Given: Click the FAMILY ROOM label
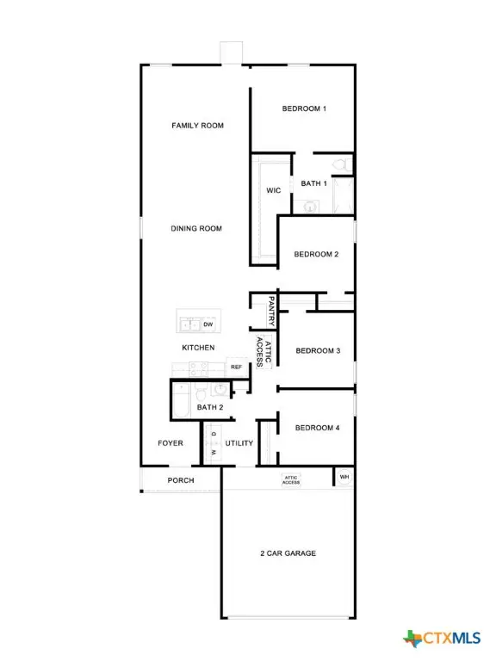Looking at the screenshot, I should pyautogui.click(x=197, y=126).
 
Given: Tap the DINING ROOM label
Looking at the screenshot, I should pyautogui.click(x=196, y=229).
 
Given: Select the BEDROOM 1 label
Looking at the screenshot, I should pyautogui.click(x=304, y=109).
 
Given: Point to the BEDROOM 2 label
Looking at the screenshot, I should pyautogui.click(x=316, y=255).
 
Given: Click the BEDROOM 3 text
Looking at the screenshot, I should pyautogui.click(x=318, y=351).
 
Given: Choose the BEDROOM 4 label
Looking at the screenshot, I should pyautogui.click(x=318, y=429).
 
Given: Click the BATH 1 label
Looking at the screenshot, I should pyautogui.click(x=313, y=184).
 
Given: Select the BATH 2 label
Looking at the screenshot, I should pyautogui.click(x=210, y=407).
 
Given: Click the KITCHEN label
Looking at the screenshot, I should pyautogui.click(x=198, y=348).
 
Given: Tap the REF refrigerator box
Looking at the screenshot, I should pyautogui.click(x=236, y=368).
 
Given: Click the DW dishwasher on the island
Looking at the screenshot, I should pyautogui.click(x=208, y=324).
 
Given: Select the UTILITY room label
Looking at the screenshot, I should pyautogui.click(x=239, y=444).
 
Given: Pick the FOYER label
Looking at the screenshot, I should pyautogui.click(x=170, y=444).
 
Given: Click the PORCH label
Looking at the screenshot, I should pyautogui.click(x=180, y=480).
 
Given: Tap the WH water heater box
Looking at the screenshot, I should pyautogui.click(x=344, y=477).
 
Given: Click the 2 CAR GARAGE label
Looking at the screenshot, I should pyautogui.click(x=288, y=553).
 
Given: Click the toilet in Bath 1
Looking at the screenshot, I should pyautogui.click(x=340, y=164).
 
